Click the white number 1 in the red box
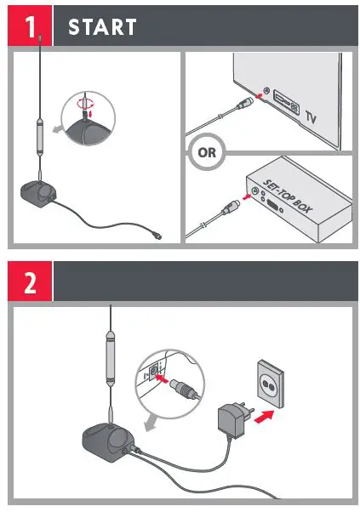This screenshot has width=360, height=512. click(x=29, y=26)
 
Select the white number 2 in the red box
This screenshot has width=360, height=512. click(x=29, y=282)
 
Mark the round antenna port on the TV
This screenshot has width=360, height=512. click(x=267, y=90)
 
